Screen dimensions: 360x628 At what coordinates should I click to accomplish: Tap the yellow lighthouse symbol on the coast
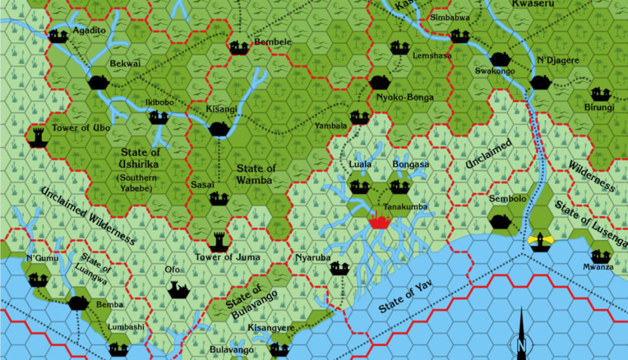(x=540, y=241)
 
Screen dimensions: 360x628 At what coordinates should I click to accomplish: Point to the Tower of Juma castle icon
(x=218, y=241)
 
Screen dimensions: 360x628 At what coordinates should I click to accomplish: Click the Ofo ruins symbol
(x=178, y=289)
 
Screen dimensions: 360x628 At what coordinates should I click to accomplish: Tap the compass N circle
(x=521, y=344)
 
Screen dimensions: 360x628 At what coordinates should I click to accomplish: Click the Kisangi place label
(x=221, y=109)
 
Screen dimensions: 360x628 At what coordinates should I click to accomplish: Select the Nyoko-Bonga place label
(x=405, y=97)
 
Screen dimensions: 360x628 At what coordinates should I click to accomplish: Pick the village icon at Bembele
(x=239, y=47)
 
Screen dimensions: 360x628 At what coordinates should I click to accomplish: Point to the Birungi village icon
(x=600, y=94)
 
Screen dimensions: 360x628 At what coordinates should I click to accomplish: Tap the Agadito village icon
(x=58, y=36)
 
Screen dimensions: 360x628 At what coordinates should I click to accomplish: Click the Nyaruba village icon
(x=339, y=267)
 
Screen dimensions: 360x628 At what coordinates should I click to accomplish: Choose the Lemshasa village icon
(x=400, y=47)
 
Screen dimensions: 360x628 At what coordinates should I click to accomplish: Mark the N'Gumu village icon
(x=38, y=279)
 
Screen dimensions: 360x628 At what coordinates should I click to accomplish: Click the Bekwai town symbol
(x=98, y=82)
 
